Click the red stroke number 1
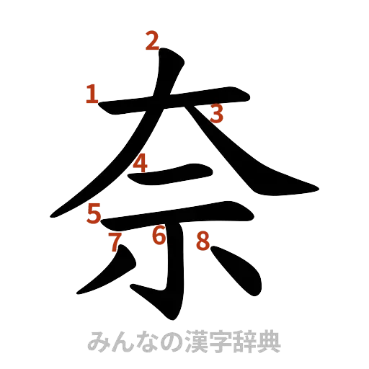92,93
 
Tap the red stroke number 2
151,42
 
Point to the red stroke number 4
141,164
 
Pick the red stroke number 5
94,213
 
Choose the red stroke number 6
159,234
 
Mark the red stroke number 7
113,242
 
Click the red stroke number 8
204,243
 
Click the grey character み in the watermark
98,341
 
